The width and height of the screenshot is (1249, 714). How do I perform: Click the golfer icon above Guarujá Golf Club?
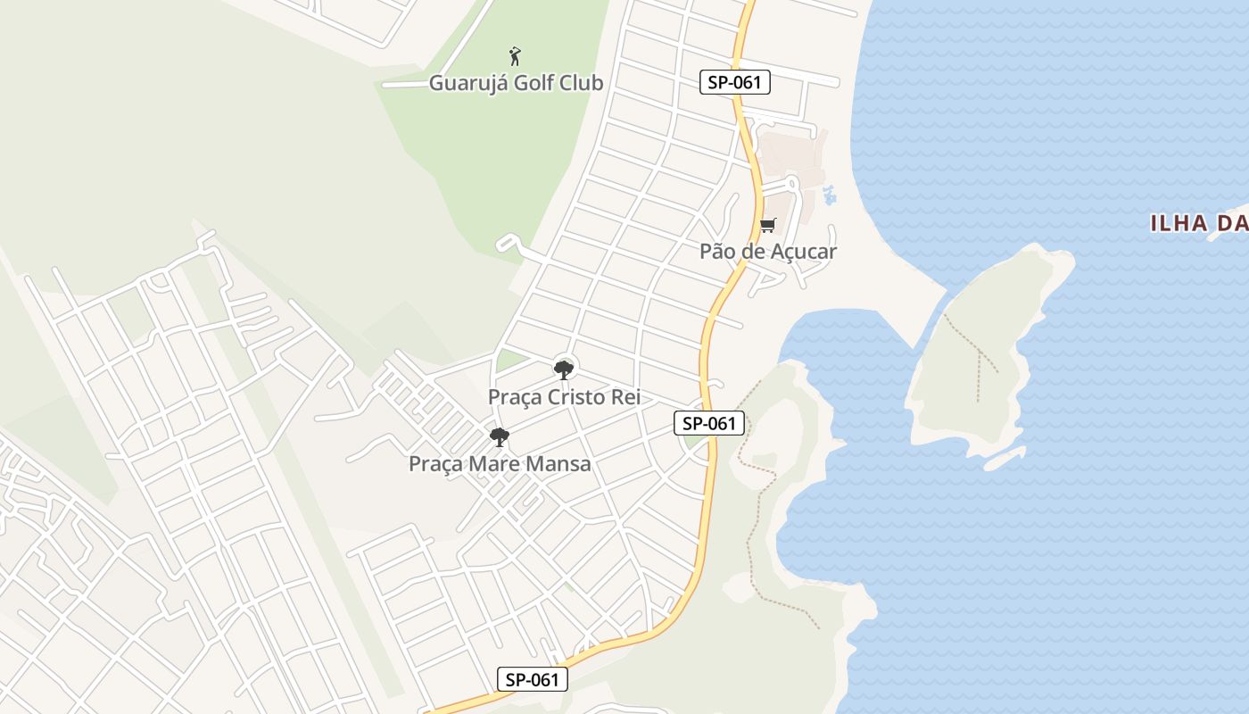click(515, 56)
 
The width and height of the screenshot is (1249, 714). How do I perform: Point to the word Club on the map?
click(582, 83)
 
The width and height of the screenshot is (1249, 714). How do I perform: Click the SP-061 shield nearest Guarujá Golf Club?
click(734, 83)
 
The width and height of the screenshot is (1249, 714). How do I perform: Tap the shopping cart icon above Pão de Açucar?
click(767, 225)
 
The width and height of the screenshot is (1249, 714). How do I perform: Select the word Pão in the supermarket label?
click(718, 251)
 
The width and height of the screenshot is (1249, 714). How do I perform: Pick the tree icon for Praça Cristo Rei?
click(563, 369)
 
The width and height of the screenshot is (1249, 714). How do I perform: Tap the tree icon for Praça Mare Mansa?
click(500, 436)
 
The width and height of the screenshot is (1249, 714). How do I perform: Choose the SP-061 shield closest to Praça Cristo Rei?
click(708, 423)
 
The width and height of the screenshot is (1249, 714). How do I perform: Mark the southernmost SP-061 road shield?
click(532, 679)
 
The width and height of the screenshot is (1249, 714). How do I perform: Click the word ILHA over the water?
click(1179, 223)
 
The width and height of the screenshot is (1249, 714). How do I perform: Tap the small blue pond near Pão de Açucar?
click(830, 194)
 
